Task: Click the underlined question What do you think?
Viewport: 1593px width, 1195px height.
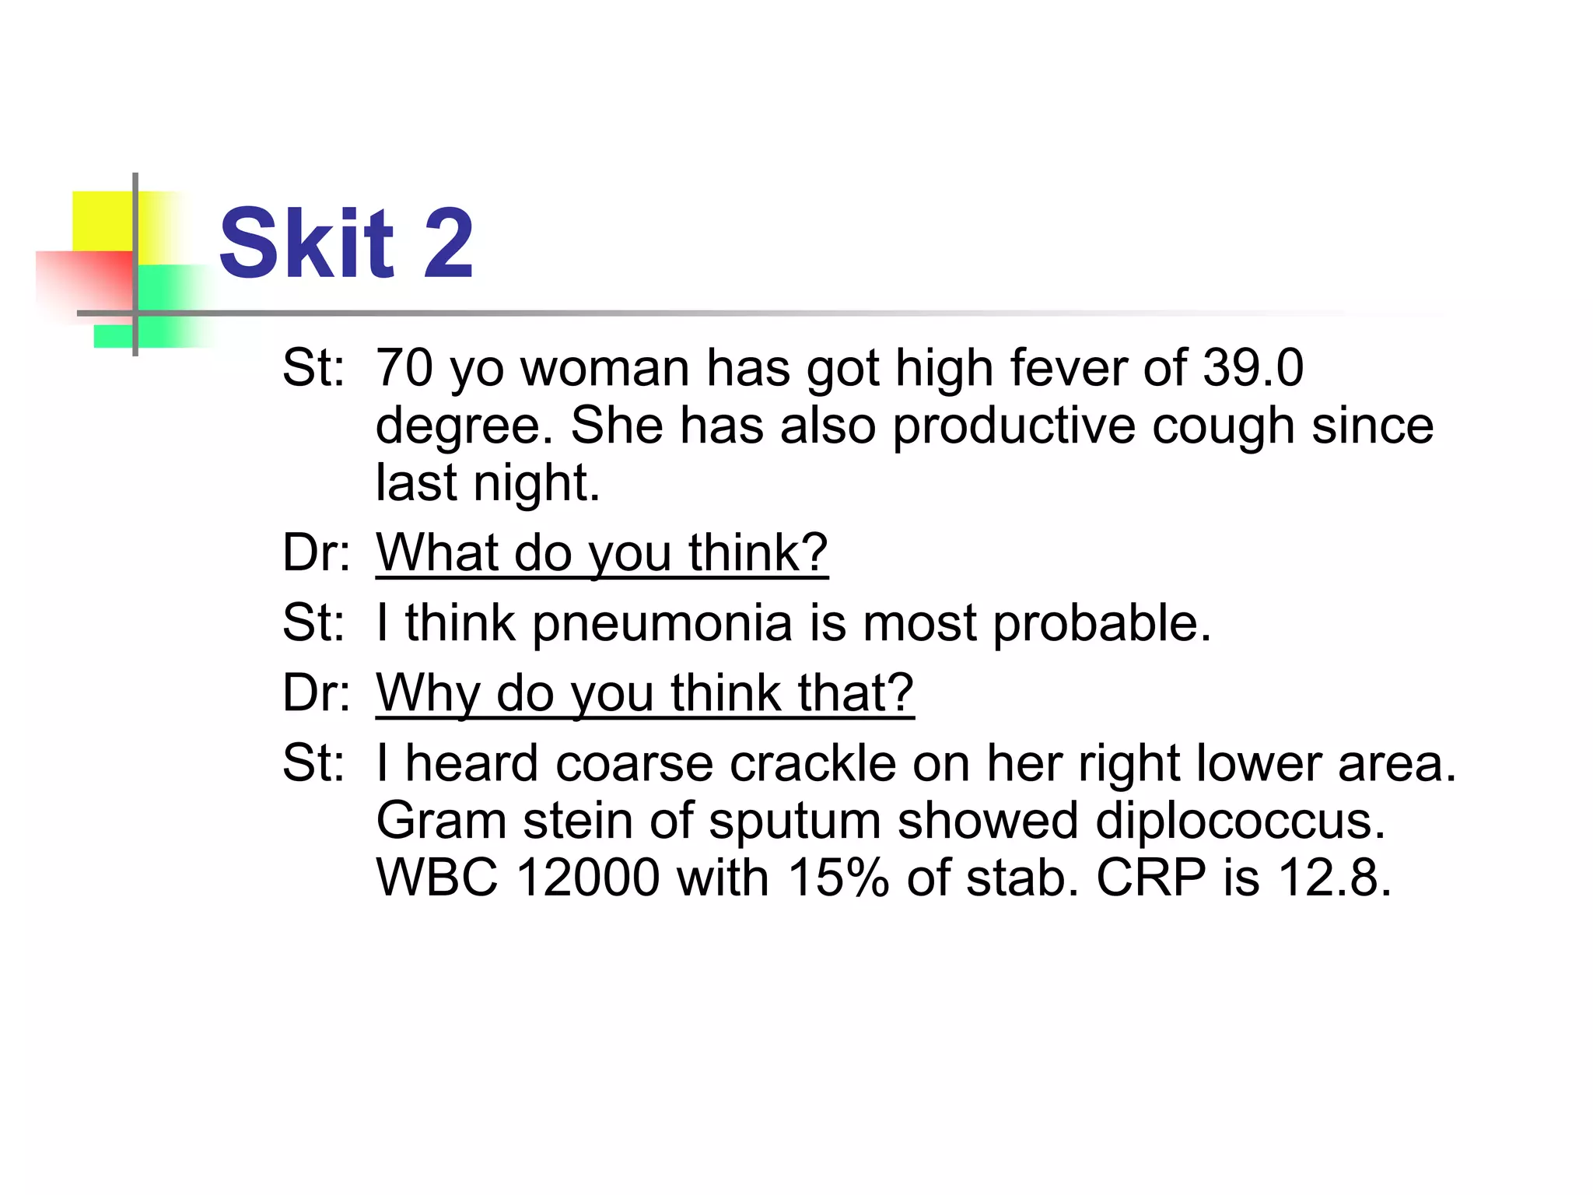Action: click(602, 553)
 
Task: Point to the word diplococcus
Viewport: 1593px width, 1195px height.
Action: click(1240, 820)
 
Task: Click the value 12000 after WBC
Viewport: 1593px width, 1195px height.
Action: click(587, 878)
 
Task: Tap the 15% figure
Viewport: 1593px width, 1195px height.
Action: click(838, 878)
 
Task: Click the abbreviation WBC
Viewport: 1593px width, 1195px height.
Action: click(436, 878)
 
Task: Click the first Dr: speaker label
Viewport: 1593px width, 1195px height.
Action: click(316, 553)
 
